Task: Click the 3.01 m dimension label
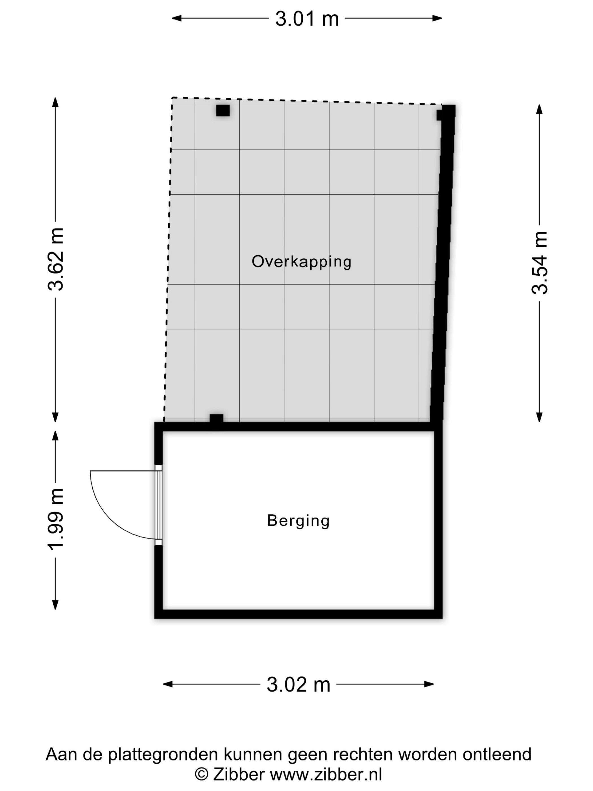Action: pyautogui.click(x=307, y=19)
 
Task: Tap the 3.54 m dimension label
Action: pyautogui.click(x=539, y=263)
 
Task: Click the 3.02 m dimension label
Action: pyautogui.click(x=298, y=684)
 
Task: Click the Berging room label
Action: pyautogui.click(x=298, y=521)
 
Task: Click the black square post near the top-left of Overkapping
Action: pyautogui.click(x=223, y=110)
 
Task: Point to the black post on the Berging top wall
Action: pyautogui.click(x=216, y=418)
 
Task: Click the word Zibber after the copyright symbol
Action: pyautogui.click(x=239, y=774)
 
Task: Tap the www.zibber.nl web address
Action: pyautogui.click(x=326, y=774)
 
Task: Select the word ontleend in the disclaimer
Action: pyautogui.click(x=497, y=754)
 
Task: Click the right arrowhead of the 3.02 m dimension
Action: pyautogui.click(x=429, y=684)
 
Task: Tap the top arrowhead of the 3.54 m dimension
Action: pyautogui.click(x=539, y=109)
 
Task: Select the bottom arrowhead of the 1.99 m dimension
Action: pyautogui.click(x=55, y=604)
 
